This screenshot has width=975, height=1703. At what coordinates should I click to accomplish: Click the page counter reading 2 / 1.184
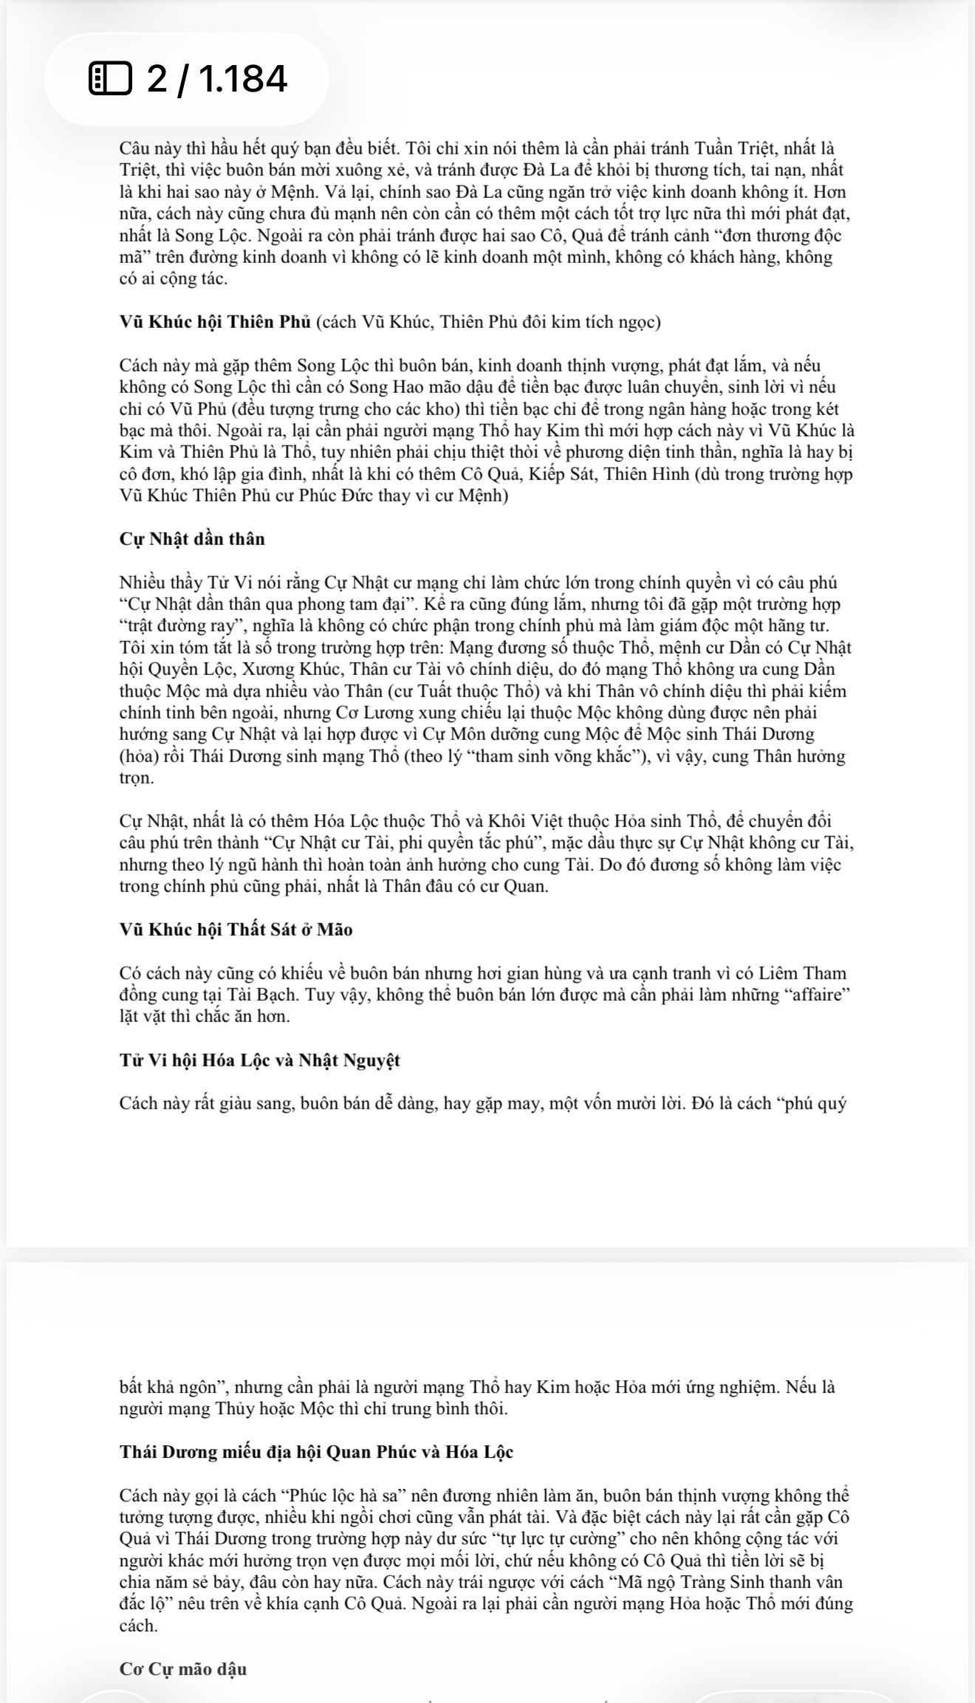click(x=216, y=79)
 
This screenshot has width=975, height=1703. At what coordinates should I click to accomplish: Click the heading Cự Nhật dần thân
click(x=192, y=539)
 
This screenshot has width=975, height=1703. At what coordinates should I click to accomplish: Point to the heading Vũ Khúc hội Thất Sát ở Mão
click(x=236, y=930)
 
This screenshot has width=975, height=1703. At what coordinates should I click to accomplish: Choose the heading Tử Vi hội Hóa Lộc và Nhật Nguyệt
click(x=259, y=1060)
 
